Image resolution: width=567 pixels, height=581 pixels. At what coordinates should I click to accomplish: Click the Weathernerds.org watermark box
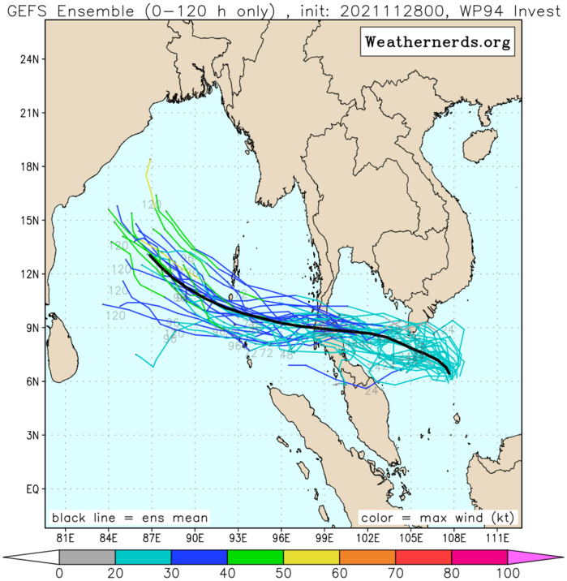(x=437, y=42)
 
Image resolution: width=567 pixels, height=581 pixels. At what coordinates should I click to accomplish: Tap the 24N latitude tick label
(x=30, y=59)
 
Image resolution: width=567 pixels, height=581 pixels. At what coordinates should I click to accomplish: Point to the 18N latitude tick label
(x=30, y=166)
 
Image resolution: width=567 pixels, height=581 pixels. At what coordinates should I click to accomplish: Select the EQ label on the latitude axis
(x=32, y=488)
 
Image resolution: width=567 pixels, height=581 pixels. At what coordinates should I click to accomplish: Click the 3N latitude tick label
(x=32, y=435)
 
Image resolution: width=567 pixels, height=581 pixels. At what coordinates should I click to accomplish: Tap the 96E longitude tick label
(x=281, y=537)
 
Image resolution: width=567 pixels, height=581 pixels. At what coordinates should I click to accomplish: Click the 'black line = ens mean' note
(x=130, y=517)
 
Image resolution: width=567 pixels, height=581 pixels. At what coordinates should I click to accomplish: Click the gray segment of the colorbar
(x=87, y=557)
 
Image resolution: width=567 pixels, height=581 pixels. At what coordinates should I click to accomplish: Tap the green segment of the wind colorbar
(x=256, y=557)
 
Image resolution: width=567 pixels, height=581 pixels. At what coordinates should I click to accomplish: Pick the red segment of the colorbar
(x=423, y=557)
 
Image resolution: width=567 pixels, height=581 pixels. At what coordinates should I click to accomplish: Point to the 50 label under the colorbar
(x=283, y=574)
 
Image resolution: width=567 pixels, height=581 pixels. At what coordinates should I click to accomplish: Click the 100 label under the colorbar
(x=508, y=574)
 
